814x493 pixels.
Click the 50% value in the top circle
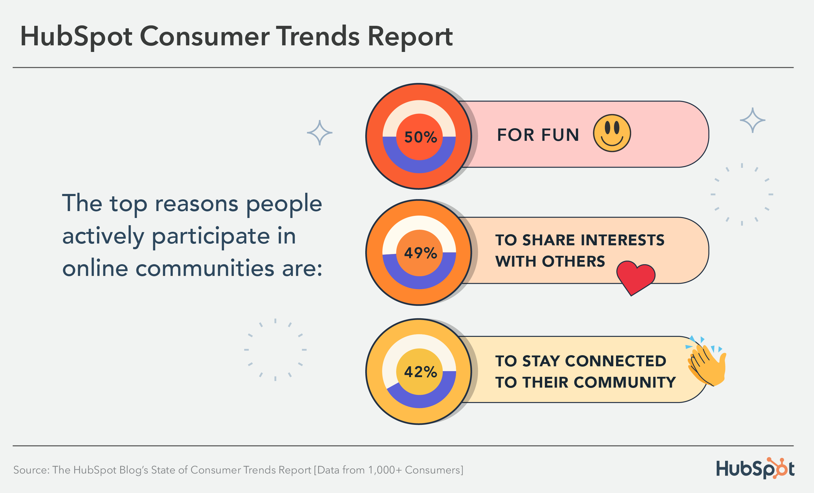coord(420,137)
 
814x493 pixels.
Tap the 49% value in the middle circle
coord(420,253)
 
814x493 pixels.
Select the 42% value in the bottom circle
coord(420,372)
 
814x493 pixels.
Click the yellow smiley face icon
coord(612,133)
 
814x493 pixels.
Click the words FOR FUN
coord(538,135)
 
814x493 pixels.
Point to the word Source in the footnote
coord(31,470)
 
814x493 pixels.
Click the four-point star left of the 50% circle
coord(320,133)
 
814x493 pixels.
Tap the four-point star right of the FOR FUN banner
coord(752,120)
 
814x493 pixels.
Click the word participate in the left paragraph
coord(211,236)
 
